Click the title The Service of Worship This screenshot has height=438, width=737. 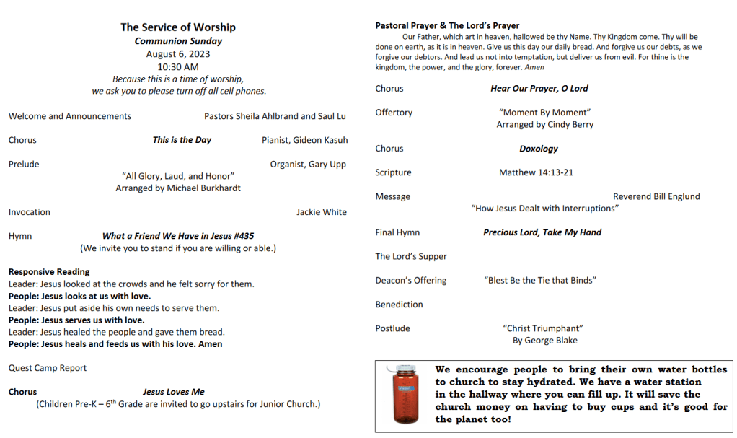click(x=178, y=27)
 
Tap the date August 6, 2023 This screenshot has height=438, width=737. click(x=178, y=54)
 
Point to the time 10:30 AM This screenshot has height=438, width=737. click(x=178, y=67)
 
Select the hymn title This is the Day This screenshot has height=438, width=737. click(x=182, y=140)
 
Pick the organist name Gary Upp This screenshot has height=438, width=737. click(x=327, y=165)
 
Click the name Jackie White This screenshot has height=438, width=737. click(x=322, y=212)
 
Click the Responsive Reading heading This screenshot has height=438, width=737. click(x=49, y=272)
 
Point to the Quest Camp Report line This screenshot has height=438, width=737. click(x=48, y=368)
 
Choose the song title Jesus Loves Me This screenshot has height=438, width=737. click(x=173, y=392)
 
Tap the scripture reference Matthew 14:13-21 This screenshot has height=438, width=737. click(x=536, y=172)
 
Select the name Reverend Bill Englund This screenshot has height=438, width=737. click(x=656, y=196)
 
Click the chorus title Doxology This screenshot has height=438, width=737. click(x=539, y=149)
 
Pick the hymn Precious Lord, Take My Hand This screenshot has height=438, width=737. click(x=542, y=232)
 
